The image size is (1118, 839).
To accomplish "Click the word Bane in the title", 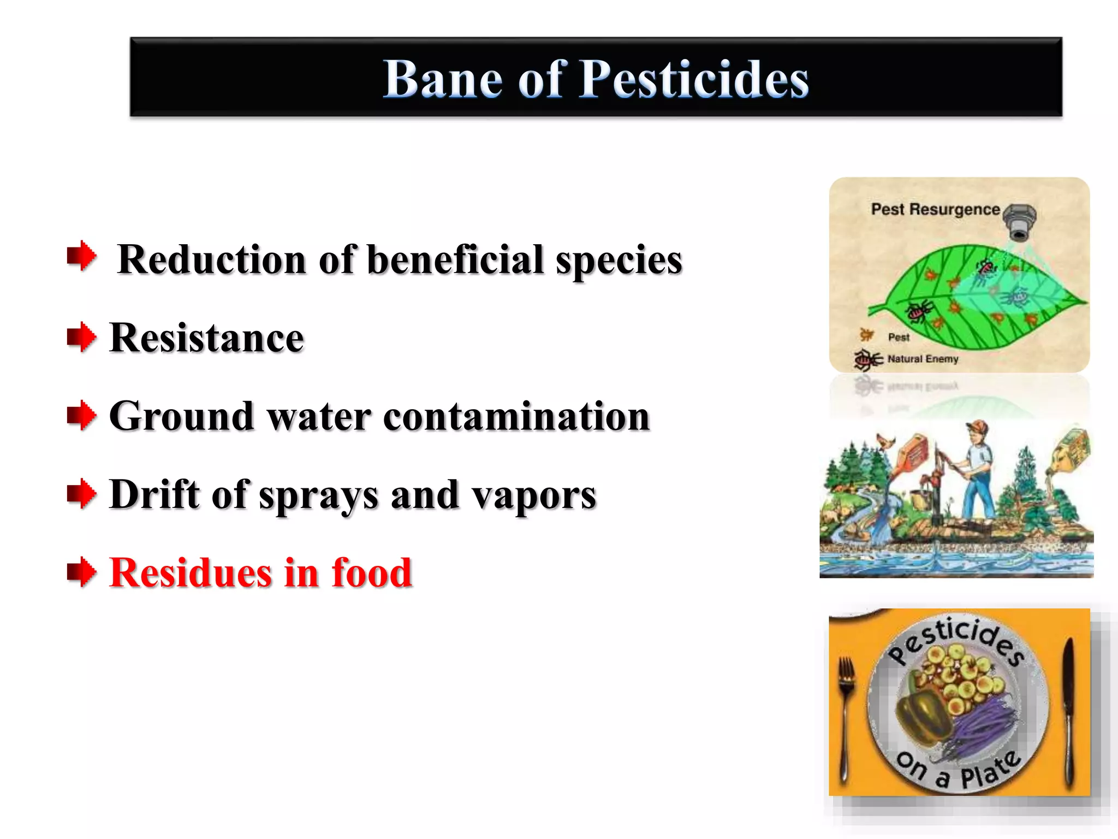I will pos(442,79).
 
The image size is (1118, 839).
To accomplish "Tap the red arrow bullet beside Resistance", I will pos(81,336).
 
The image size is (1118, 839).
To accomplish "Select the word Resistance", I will pos(206,338).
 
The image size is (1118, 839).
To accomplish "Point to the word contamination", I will pos(516,416).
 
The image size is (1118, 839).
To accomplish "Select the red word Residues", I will pos(191,573).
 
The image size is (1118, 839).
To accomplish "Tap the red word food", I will pos(371,573).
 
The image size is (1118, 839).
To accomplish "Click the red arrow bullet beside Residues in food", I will pos(81,572).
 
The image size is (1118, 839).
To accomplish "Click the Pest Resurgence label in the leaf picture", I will pos(935,209).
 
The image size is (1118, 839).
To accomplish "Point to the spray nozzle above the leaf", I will pos(1019,221).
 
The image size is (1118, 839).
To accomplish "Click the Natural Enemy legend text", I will pos(923,359).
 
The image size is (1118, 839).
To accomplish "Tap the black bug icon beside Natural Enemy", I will pos(867,359).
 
